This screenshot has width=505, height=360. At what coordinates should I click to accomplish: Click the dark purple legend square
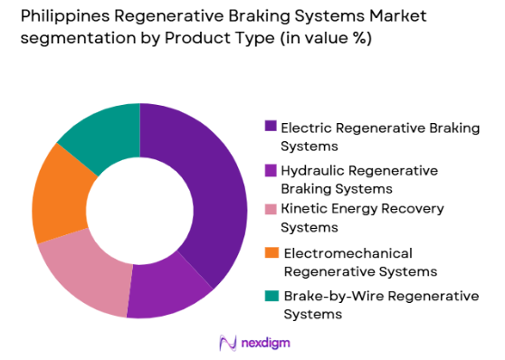[270, 128]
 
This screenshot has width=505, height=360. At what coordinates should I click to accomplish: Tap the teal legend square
[270, 296]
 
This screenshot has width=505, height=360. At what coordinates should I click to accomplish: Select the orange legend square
[270, 252]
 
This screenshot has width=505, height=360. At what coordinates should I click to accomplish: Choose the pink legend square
[270, 210]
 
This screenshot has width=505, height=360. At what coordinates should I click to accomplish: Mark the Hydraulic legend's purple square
[270, 170]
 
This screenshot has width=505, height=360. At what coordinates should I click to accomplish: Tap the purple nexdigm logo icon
[227, 342]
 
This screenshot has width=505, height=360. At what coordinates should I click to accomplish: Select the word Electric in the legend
[305, 128]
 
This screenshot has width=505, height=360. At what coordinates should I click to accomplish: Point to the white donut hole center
[139, 210]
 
